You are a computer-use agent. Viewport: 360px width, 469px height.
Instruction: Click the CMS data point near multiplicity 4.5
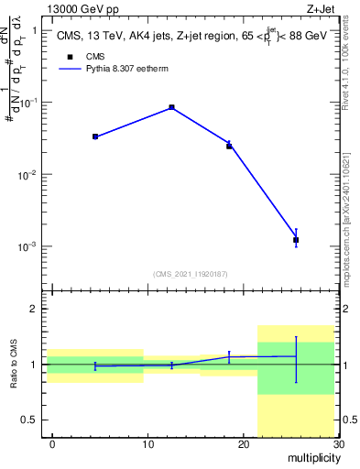95,136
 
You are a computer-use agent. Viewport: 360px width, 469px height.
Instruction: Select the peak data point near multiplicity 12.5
171,107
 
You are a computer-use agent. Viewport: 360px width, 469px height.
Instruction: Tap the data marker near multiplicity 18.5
229,146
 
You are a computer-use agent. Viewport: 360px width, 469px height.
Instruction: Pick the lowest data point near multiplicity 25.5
295,240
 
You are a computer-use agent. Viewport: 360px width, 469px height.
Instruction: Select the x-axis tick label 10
147,444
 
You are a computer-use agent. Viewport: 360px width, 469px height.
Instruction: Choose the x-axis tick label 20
243,444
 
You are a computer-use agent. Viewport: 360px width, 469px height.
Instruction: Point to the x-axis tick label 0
52,444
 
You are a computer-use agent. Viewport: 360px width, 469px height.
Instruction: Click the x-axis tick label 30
338,444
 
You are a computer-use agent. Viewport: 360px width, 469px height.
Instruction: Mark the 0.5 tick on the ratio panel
34,420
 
